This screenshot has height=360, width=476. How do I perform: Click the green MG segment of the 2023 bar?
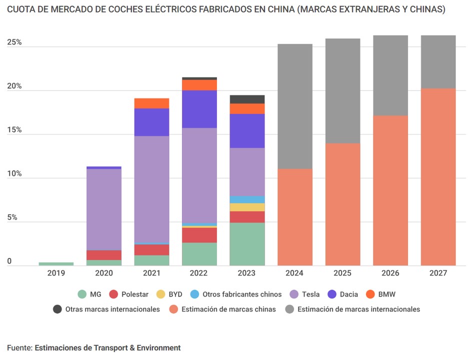click(x=247, y=244)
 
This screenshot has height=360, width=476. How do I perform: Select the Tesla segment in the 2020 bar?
click(x=104, y=209)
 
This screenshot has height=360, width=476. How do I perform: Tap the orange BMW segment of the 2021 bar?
click(x=151, y=103)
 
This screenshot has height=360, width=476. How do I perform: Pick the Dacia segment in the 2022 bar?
click(x=199, y=109)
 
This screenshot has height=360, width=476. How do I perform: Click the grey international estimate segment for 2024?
click(x=295, y=106)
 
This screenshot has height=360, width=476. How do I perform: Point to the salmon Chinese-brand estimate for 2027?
click(x=438, y=177)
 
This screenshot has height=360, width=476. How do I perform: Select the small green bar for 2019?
click(x=56, y=263)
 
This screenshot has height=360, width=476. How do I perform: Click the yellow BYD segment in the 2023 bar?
click(x=247, y=207)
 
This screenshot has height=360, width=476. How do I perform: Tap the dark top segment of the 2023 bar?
click(x=247, y=99)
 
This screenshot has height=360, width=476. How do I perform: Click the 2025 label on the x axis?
click(x=342, y=273)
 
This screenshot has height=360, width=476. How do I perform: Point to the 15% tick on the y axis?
click(x=14, y=130)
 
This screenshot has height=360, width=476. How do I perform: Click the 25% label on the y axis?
click(x=14, y=42)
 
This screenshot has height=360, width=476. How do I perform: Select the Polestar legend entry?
click(x=129, y=294)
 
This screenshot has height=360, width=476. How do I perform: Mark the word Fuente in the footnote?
click(x=19, y=347)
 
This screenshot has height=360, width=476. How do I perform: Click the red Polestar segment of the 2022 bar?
click(x=199, y=235)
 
